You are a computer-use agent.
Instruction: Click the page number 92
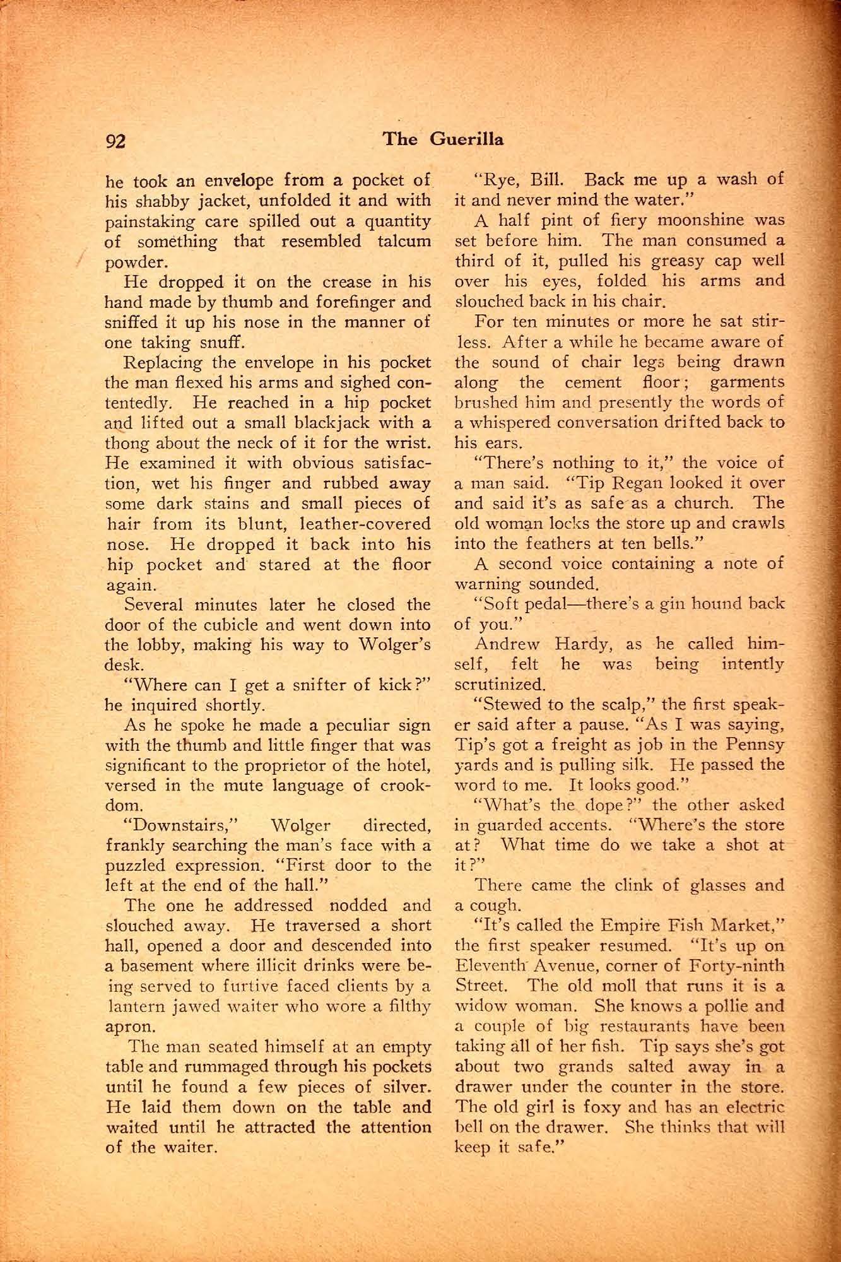115,141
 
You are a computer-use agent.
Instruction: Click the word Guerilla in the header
467,139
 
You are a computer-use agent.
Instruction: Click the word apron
124,1027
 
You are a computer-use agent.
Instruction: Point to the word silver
402,1087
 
